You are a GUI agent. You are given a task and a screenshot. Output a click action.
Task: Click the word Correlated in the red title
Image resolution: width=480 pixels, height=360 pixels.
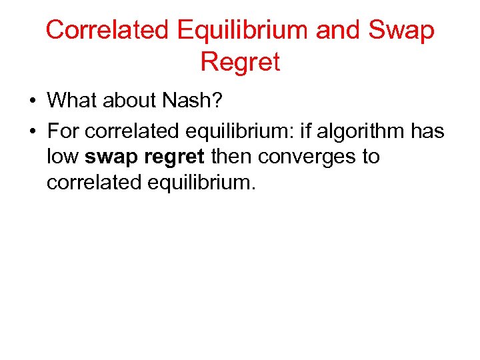(x=107, y=30)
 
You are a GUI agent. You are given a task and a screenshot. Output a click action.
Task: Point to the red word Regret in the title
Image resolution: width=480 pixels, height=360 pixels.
(x=240, y=62)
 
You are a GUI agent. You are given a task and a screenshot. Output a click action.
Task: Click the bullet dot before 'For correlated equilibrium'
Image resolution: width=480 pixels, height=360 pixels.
(x=32, y=131)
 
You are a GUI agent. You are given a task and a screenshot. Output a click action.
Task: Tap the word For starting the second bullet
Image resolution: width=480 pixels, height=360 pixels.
(x=62, y=131)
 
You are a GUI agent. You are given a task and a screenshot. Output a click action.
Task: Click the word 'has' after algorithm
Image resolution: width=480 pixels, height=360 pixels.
(x=427, y=131)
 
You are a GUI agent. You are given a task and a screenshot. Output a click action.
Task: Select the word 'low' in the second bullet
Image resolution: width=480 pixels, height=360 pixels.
(x=63, y=157)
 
